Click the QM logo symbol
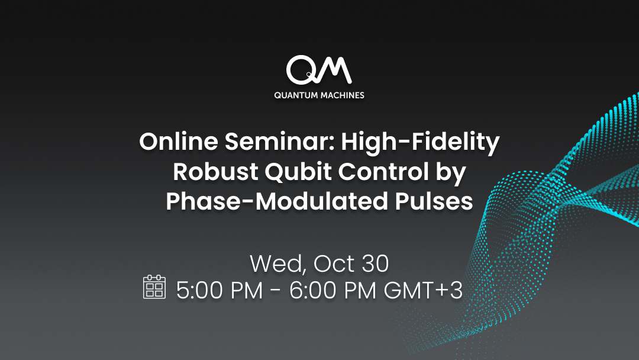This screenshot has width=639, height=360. (x=319, y=69)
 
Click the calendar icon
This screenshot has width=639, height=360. (x=154, y=287)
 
